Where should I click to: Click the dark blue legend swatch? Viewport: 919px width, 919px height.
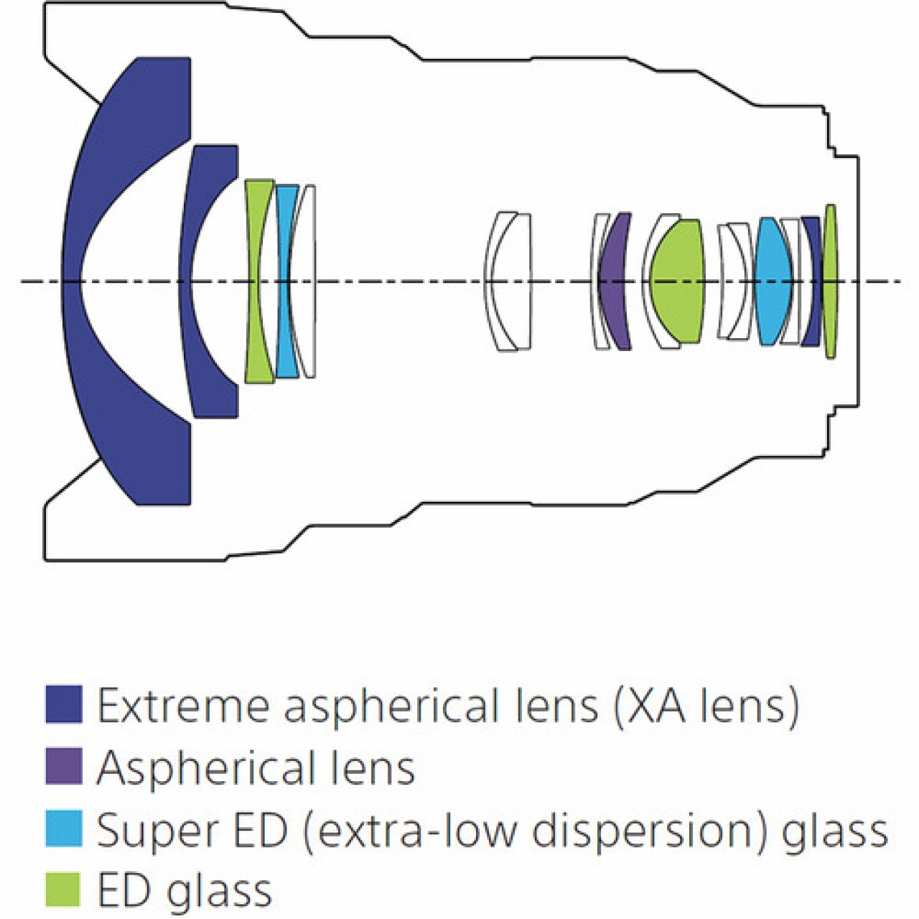coord(63,704)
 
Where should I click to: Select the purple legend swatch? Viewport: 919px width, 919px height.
coord(63,766)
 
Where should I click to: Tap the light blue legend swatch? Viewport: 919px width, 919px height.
coord(63,829)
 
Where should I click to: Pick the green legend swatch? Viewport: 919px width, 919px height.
coord(63,889)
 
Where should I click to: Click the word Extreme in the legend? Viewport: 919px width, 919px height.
coord(184,705)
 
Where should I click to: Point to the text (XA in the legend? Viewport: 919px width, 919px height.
coord(650,705)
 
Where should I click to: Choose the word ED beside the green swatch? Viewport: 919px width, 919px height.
coord(124,890)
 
